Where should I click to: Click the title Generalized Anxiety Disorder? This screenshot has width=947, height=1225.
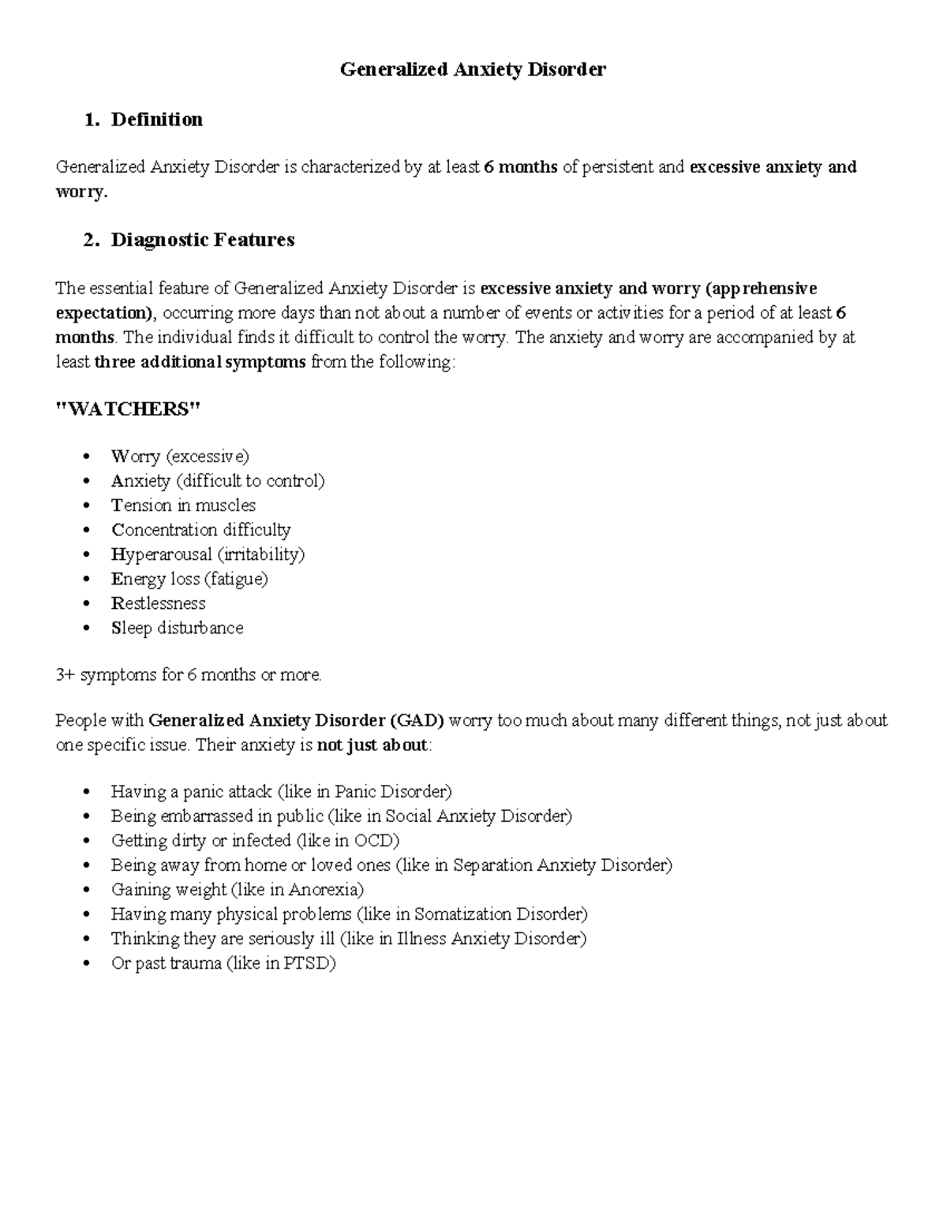click(x=473, y=69)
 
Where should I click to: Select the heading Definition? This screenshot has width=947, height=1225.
click(x=156, y=119)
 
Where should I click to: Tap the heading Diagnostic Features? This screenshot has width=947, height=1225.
click(x=202, y=240)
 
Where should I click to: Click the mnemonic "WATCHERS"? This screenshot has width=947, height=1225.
click(x=129, y=409)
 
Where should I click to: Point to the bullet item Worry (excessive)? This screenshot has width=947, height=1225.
click(x=180, y=456)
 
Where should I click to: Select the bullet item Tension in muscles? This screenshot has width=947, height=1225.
click(x=183, y=505)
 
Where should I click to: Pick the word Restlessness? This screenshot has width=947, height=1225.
click(x=158, y=603)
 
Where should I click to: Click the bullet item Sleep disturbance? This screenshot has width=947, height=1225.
click(x=177, y=628)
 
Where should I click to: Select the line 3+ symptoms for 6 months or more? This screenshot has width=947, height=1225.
click(x=189, y=674)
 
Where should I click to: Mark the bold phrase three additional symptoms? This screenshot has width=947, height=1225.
click(x=200, y=362)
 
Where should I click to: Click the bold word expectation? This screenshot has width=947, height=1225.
click(x=106, y=312)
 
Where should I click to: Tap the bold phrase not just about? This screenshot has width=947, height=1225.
click(x=372, y=745)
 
